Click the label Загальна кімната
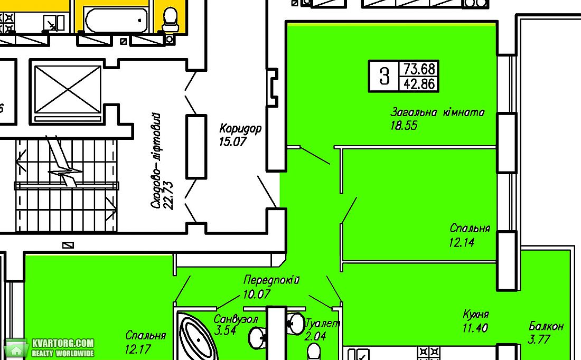[438, 112]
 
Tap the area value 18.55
[404, 125]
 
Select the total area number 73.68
[419, 69]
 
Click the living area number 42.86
[419, 84]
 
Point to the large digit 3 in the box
[384, 76]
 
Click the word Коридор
[240, 128]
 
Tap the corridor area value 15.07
[233, 141]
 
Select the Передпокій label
[271, 280]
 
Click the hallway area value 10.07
[257, 294]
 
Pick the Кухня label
[476, 315]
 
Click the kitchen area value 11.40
[475, 328]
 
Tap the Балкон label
[546, 326]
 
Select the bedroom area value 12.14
[462, 243]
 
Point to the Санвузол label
[236, 319]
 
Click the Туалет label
[322, 324]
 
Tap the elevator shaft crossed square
[67, 90]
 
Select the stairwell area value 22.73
[168, 195]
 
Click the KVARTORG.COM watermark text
[63, 343]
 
